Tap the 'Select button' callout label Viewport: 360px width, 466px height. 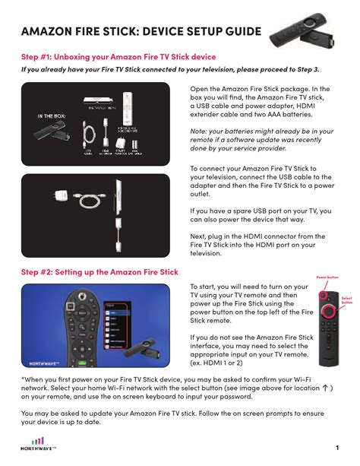(x=347, y=300)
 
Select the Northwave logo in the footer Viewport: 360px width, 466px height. (x=36, y=444)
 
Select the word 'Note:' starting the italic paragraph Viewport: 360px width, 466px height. (x=201, y=131)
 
